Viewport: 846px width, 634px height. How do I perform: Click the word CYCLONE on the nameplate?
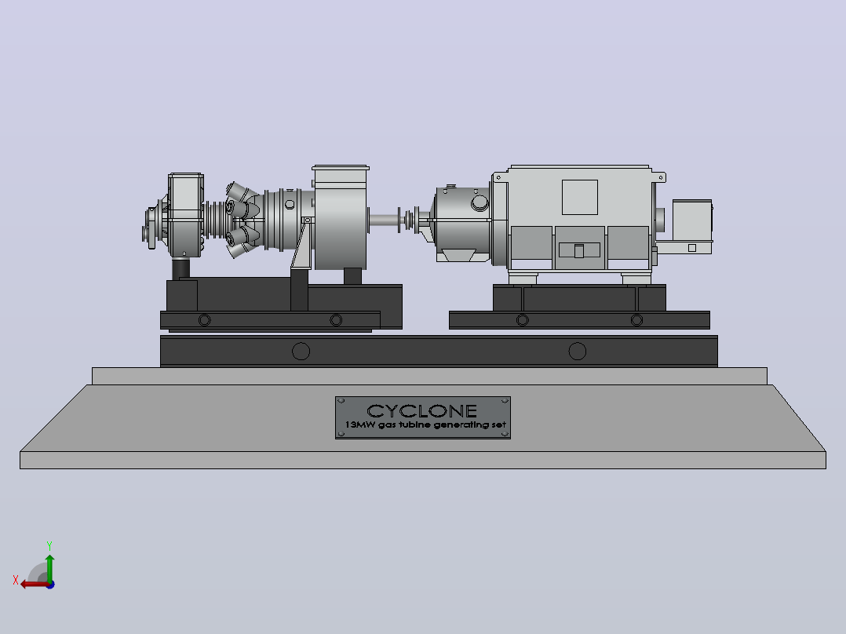click(422, 411)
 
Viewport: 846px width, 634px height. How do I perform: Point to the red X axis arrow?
click(35, 584)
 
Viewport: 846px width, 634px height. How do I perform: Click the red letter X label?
click(16, 580)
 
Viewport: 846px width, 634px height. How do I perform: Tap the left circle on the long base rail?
click(301, 352)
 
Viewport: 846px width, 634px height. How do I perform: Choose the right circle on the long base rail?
click(578, 352)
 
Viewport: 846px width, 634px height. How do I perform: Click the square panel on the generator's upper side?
click(580, 198)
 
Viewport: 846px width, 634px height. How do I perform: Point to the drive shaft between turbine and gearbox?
click(385, 220)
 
